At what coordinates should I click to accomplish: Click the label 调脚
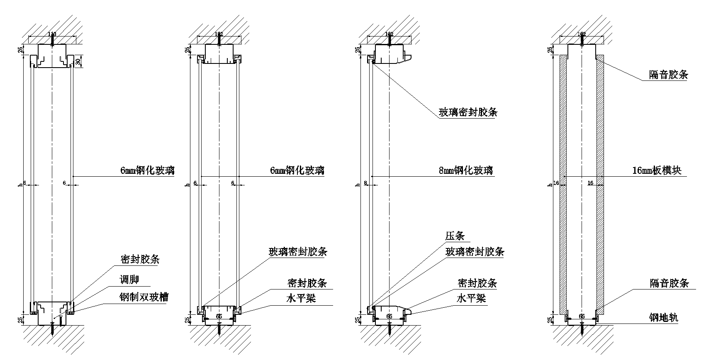129,280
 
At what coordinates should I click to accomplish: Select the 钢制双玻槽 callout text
144,297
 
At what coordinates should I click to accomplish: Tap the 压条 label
455,236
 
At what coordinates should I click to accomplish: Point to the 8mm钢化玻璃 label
466,170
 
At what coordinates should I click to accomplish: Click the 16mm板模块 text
657,170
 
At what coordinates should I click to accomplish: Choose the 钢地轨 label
664,318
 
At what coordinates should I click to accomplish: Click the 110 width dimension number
52,34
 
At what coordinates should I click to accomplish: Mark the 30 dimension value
78,61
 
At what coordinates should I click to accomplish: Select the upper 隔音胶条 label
668,75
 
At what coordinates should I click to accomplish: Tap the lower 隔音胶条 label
669,283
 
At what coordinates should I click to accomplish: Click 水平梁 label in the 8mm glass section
471,298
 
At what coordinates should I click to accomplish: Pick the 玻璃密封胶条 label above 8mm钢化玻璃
468,112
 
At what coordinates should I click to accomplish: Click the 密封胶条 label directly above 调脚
140,260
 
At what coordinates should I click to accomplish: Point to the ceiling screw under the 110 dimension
52,40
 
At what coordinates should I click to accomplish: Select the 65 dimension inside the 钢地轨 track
582,316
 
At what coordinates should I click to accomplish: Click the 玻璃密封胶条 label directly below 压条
475,252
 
